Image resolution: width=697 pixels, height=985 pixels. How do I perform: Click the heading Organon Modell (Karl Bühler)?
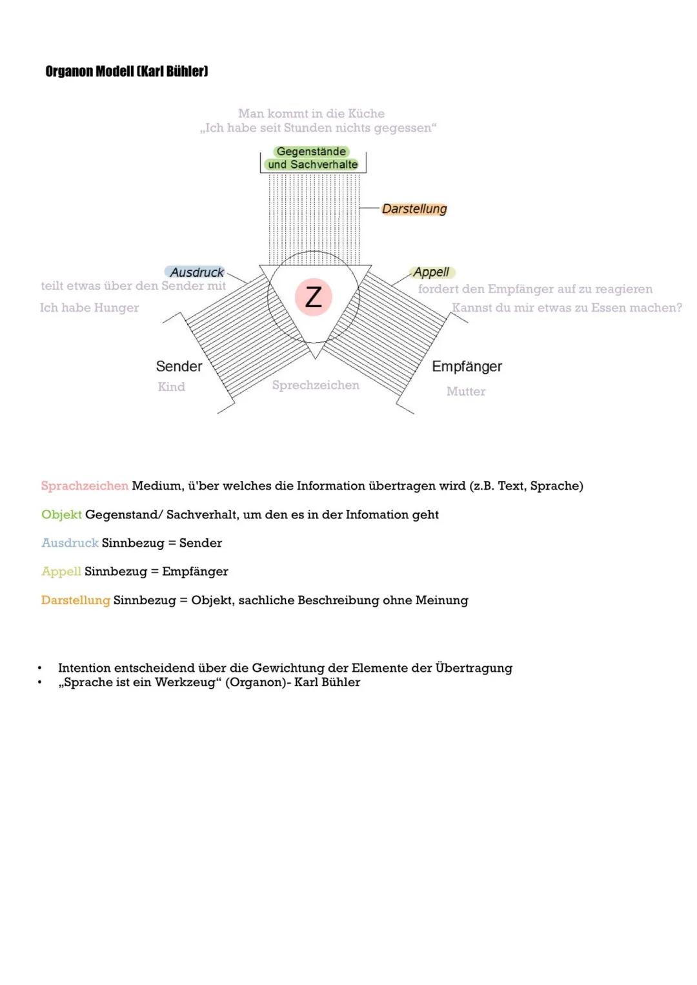(x=126, y=72)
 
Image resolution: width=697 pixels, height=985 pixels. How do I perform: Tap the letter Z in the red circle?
(x=314, y=297)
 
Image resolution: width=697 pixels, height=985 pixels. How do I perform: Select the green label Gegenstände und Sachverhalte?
(x=312, y=158)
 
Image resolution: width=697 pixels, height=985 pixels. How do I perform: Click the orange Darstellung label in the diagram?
(x=414, y=208)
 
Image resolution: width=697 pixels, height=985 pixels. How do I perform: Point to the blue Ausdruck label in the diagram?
(x=196, y=272)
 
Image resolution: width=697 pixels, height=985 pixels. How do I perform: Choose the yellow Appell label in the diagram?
(x=431, y=272)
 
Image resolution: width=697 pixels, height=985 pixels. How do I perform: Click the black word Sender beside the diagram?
(x=179, y=367)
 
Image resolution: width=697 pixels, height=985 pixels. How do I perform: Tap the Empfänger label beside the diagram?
(x=467, y=367)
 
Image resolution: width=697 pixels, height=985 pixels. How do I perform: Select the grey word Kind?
(x=171, y=387)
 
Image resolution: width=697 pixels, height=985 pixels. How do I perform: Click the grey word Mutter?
(x=466, y=391)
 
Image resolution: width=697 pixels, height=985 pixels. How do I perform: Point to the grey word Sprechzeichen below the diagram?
(x=316, y=385)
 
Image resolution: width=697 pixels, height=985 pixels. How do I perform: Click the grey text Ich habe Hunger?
(x=89, y=308)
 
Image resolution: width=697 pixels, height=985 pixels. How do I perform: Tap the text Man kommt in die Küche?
(x=311, y=114)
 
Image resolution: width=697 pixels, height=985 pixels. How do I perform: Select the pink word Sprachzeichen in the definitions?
(x=85, y=486)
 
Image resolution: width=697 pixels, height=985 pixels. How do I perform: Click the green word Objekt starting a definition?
(x=61, y=514)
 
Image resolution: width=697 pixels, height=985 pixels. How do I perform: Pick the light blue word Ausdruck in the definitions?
(x=70, y=543)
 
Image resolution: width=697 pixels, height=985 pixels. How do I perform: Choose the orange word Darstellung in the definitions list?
(x=76, y=600)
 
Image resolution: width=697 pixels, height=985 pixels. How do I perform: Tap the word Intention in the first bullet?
(x=85, y=668)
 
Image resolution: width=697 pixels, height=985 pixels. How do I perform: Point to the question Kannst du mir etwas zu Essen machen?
(x=567, y=308)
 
